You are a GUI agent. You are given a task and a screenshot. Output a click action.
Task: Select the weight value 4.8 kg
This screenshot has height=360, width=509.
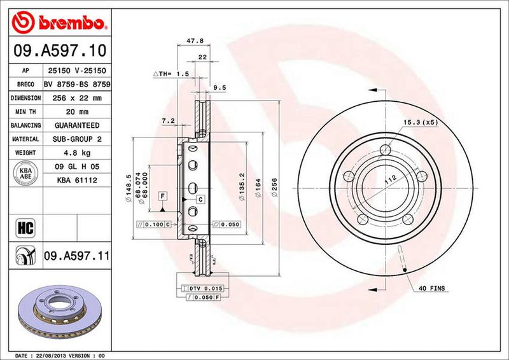[x=77, y=153]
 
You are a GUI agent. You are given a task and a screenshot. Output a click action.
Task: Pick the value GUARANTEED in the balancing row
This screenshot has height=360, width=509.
[x=77, y=125]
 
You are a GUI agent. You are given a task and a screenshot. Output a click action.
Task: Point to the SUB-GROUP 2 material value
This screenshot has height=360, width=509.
[x=77, y=139]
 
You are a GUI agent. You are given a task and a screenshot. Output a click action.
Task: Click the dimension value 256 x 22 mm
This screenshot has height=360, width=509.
[x=77, y=98]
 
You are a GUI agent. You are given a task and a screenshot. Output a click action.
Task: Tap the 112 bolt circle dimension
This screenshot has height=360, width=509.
[x=389, y=179]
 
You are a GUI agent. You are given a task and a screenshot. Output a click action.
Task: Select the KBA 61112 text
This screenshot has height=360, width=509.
[x=77, y=181]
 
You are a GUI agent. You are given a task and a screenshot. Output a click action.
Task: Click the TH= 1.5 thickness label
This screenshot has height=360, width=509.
[x=173, y=74]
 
